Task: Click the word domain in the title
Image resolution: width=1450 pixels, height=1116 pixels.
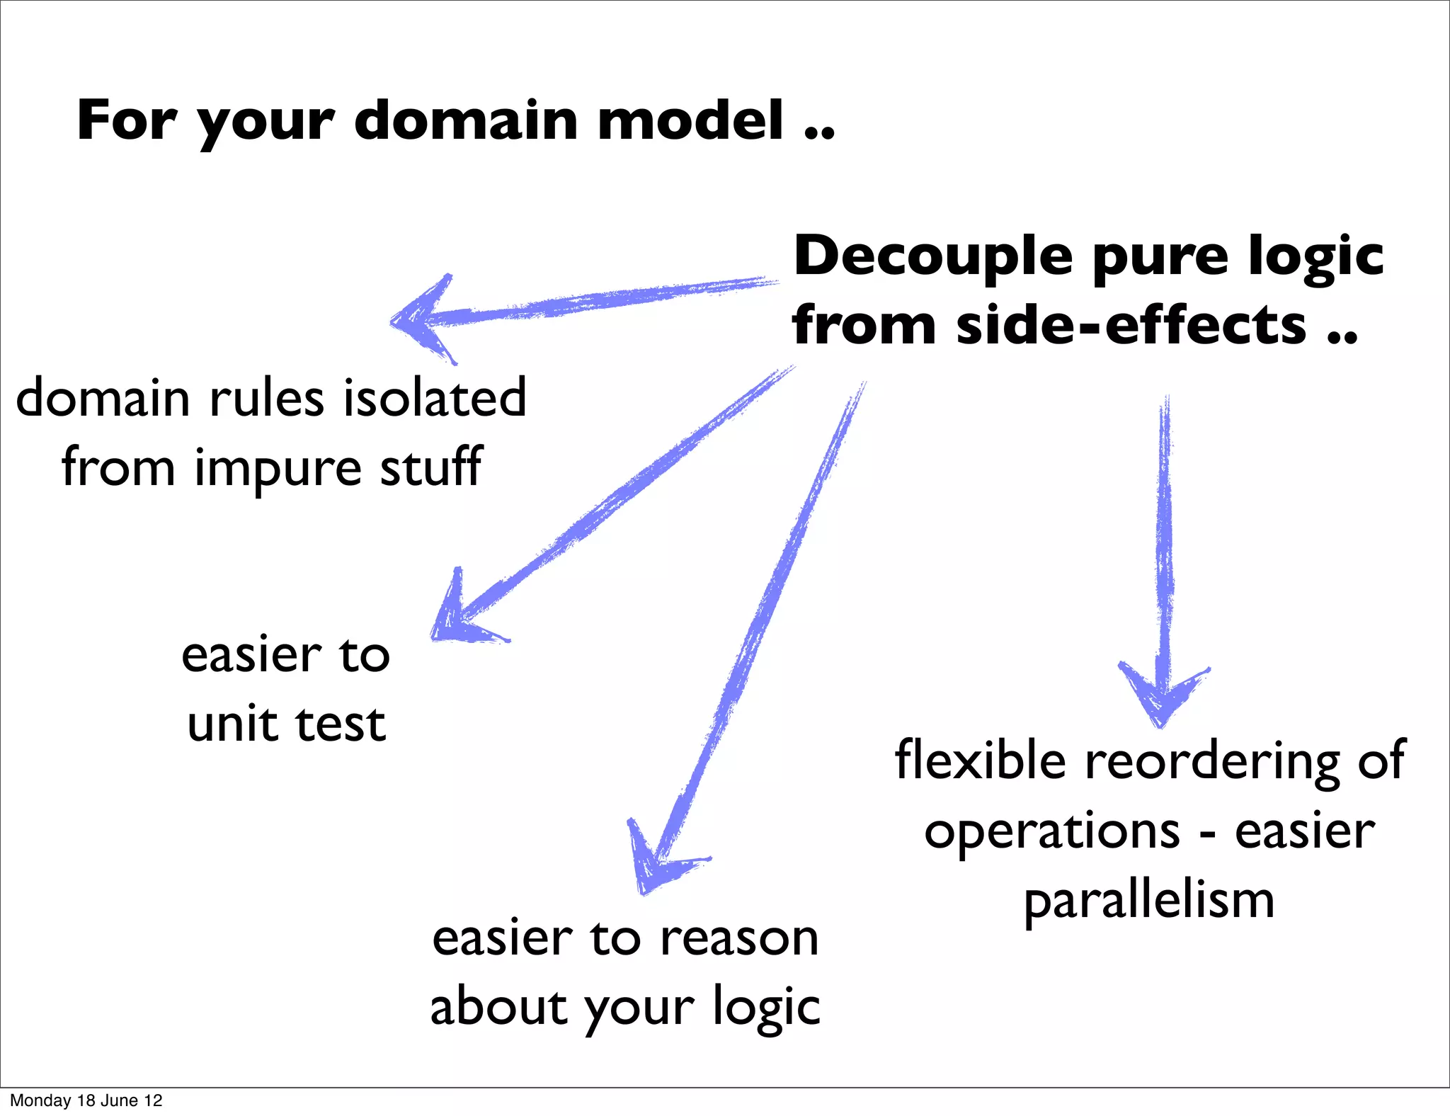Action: click(x=467, y=120)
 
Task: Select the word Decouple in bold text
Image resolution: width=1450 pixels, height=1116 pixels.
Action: click(x=932, y=256)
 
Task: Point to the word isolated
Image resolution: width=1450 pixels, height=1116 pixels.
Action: click(x=435, y=398)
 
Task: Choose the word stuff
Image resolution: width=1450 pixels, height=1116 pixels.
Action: click(x=431, y=467)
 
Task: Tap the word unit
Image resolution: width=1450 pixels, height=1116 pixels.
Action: click(x=232, y=724)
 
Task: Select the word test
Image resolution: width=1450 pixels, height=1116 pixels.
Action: click(x=341, y=724)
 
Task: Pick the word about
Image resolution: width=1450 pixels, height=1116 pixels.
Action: click(x=498, y=1006)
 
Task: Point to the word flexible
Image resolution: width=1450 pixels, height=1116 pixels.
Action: click(x=980, y=761)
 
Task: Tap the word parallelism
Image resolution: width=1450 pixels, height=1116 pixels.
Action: click(x=1149, y=901)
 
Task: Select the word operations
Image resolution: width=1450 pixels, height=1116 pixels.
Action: click(x=1052, y=831)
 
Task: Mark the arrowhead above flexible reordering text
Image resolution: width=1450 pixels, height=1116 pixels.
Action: click(x=1161, y=697)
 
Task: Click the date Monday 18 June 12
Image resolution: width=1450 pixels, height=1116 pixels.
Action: click(x=86, y=1100)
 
